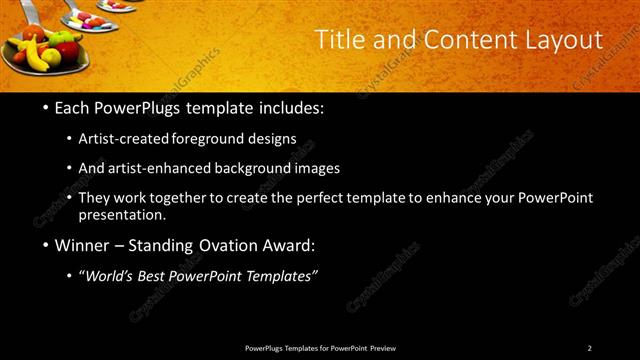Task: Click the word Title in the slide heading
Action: click(x=338, y=40)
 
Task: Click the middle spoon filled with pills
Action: click(x=88, y=21)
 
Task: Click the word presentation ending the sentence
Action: click(x=121, y=214)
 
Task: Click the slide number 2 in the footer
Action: click(x=589, y=348)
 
